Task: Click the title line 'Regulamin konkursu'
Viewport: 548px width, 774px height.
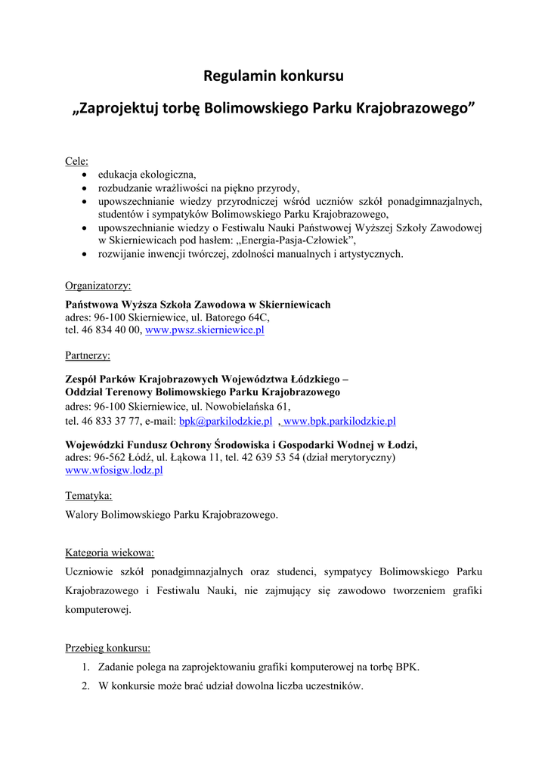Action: click(274, 76)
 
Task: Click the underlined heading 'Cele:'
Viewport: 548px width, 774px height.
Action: click(76, 161)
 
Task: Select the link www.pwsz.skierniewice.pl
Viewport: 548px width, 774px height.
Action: click(204, 330)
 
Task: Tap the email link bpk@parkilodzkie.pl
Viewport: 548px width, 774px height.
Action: click(225, 421)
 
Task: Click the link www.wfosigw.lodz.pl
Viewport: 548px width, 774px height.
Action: click(114, 470)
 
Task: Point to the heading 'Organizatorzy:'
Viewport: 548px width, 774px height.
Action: click(98, 286)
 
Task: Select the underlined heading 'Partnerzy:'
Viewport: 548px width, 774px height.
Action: click(88, 355)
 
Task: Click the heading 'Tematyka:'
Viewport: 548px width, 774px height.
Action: click(88, 496)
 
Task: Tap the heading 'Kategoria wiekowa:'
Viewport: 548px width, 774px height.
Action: click(110, 553)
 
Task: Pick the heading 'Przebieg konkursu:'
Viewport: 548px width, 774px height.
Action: click(107, 648)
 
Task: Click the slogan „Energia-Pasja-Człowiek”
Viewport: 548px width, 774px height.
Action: click(295, 240)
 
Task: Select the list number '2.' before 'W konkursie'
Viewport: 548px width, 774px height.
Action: click(86, 686)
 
